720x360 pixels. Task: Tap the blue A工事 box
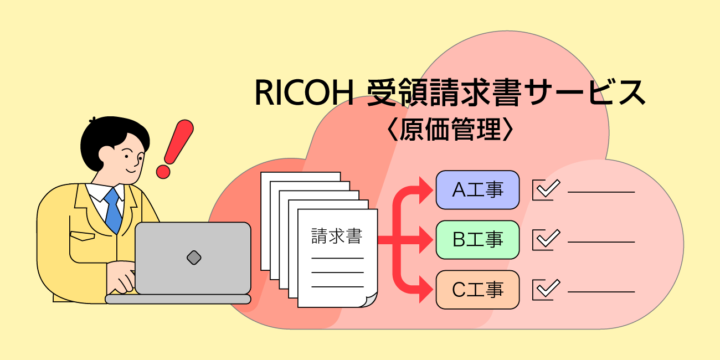tap(477, 190)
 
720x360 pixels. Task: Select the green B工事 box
tap(477, 240)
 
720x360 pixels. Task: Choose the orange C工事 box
tap(477, 290)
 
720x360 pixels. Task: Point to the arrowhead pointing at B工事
tap(426, 240)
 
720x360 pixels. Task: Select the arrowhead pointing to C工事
tap(426, 290)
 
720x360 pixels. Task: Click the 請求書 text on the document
tap(337, 236)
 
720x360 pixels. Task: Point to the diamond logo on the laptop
tap(193, 257)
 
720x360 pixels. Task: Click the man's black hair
tap(108, 133)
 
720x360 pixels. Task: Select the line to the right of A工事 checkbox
tap(601, 192)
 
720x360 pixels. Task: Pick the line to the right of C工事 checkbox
tap(601, 292)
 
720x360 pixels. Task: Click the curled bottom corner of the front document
tap(369, 300)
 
